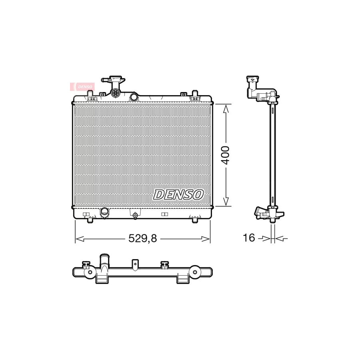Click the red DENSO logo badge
(82, 86)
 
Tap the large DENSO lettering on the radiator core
(178, 194)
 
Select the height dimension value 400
(226, 155)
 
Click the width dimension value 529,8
(142, 238)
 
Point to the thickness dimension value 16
(249, 238)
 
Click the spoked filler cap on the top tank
(116, 93)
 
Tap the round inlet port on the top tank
(134, 96)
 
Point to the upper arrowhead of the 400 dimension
(226, 108)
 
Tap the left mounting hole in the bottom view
(90, 272)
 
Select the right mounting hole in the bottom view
(195, 272)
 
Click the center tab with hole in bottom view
(136, 264)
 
